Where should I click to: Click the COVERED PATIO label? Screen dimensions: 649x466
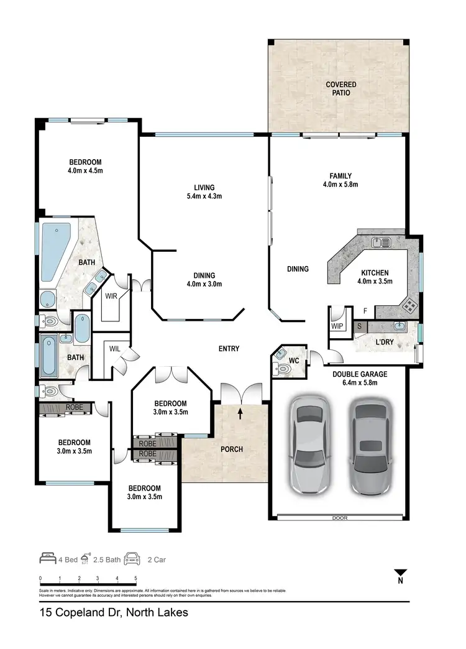pyautogui.click(x=338, y=88)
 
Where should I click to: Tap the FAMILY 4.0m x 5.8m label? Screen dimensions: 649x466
pyautogui.click(x=340, y=180)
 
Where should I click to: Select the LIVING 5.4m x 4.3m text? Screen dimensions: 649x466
pyautogui.click(x=204, y=191)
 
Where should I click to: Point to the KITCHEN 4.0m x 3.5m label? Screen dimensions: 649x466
pyautogui.click(x=375, y=277)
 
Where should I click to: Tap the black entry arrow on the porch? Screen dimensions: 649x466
pyautogui.click(x=242, y=411)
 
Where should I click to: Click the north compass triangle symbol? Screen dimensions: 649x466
pyautogui.click(x=401, y=573)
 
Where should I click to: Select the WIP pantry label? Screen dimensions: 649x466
pyautogui.click(x=337, y=325)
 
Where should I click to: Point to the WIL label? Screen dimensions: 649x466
pyautogui.click(x=115, y=349)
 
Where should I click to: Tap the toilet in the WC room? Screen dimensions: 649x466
pyautogui.click(x=283, y=367)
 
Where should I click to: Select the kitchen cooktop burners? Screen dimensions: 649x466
pyautogui.click(x=409, y=305)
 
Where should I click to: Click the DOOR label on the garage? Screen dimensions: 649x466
pyautogui.click(x=339, y=517)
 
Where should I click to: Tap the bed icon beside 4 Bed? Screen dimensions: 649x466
pyautogui.click(x=48, y=559)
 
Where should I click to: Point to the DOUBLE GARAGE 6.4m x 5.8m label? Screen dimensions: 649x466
pyautogui.click(x=360, y=378)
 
